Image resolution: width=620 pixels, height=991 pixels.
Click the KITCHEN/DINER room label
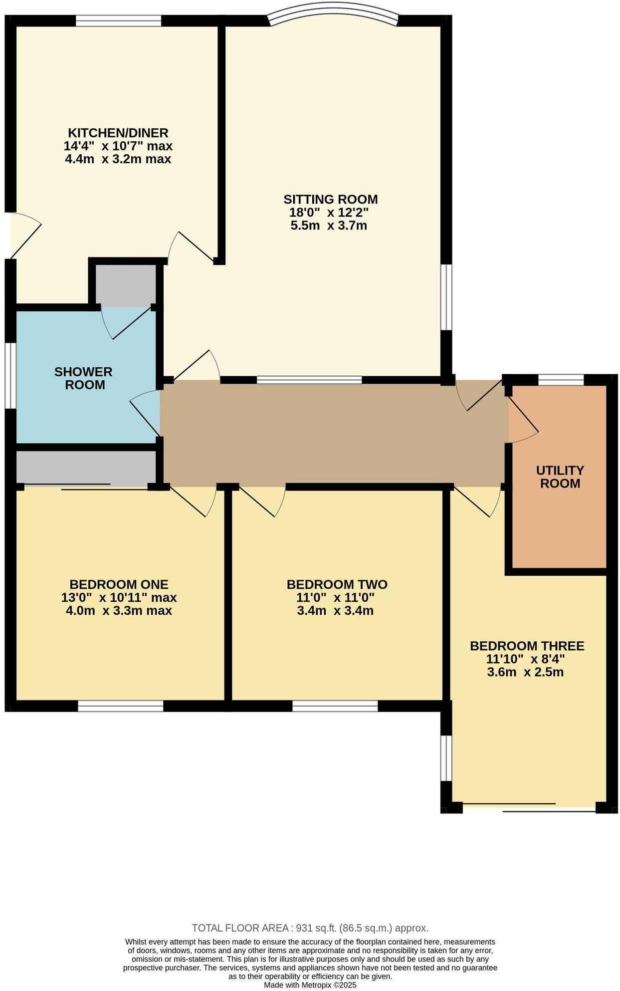pyautogui.click(x=118, y=133)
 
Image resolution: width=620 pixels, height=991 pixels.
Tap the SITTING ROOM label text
pyautogui.click(x=330, y=199)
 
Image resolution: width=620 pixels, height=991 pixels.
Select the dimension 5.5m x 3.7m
pyautogui.click(x=329, y=226)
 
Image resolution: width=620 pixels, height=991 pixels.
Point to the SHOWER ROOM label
pyautogui.click(x=83, y=378)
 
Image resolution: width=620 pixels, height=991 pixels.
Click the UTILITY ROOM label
pyautogui.click(x=560, y=477)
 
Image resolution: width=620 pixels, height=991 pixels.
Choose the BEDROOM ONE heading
pyautogui.click(x=119, y=584)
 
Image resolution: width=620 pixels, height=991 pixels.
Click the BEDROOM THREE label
pyautogui.click(x=527, y=646)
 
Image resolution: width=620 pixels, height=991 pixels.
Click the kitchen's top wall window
pyautogui.click(x=118, y=20)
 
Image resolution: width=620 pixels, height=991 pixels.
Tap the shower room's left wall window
pyautogui.click(x=10, y=375)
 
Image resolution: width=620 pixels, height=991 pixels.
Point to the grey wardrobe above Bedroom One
pyautogui.click(x=86, y=467)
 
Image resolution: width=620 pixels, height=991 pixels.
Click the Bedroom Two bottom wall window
pyautogui.click(x=335, y=706)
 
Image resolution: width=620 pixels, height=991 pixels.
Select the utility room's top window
pyautogui.click(x=561, y=380)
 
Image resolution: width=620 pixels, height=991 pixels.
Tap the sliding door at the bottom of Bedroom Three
pyautogui.click(x=529, y=807)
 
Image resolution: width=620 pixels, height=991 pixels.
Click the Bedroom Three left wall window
pyautogui.click(x=446, y=757)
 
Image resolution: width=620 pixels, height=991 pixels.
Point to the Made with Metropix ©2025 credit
pyautogui.click(x=310, y=985)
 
